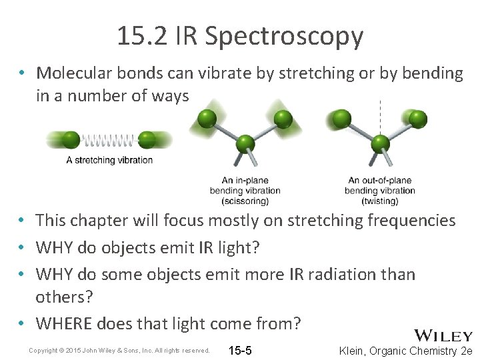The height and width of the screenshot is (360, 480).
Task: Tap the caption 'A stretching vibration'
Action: [109, 160]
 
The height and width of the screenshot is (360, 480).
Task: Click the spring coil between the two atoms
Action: [109, 140]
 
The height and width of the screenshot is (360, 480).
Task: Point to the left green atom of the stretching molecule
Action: [70, 140]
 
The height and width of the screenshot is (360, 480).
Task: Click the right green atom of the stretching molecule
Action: [147, 140]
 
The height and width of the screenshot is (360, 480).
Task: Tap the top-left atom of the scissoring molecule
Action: [208, 119]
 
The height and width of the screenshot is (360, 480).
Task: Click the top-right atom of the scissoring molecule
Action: [283, 119]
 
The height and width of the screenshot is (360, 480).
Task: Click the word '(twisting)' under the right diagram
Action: [379, 201]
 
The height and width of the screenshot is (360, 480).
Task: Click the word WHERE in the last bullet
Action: [64, 323]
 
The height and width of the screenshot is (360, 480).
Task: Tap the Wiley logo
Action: [443, 336]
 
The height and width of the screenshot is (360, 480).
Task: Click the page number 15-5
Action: [239, 350]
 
